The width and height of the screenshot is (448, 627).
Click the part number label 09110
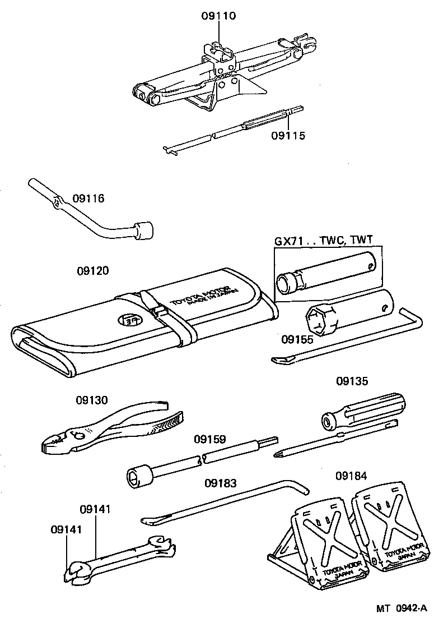[x=218, y=16]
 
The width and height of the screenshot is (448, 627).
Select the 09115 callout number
[x=288, y=135]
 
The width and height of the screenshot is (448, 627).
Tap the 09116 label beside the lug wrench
[x=88, y=199]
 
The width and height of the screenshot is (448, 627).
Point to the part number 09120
[x=92, y=270]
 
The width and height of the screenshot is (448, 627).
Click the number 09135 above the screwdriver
[x=352, y=381]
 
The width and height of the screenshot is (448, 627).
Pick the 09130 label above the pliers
[x=92, y=400]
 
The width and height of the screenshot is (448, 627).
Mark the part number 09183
[x=221, y=482]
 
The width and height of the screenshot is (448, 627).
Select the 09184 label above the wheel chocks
[x=351, y=476]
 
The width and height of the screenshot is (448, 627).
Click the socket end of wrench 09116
[x=144, y=230]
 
